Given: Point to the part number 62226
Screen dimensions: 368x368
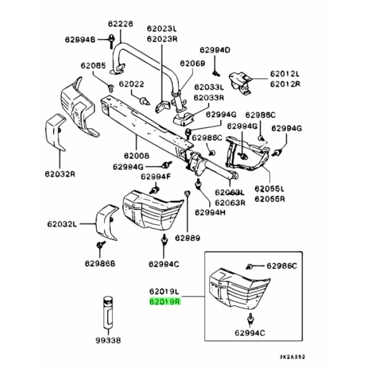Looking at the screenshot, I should point(121,24).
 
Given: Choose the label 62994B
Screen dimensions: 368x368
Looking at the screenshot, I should point(80,39).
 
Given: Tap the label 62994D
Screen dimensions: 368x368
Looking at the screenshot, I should point(214,50).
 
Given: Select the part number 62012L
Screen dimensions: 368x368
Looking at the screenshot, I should point(285,74).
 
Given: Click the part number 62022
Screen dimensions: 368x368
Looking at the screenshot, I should point(131,84).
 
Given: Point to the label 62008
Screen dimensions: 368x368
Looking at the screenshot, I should point(136,156).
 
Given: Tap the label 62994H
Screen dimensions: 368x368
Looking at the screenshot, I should point(210,212).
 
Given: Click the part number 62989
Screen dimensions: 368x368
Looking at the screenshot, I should point(188,238).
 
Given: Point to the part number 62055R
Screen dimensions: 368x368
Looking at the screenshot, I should point(269,200).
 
